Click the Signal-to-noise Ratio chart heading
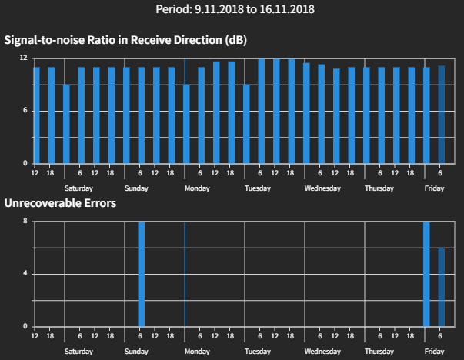coord(125,40)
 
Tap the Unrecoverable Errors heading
coord(61,204)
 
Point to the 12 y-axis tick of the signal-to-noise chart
coord(24,58)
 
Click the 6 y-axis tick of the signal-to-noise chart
coord(25,111)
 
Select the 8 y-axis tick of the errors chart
coord(25,222)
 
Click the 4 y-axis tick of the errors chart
coord(25,274)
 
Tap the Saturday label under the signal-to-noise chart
coord(78,188)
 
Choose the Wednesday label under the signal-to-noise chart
coord(322,188)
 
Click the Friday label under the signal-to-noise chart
coord(434,188)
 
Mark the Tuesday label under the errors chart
coord(257,351)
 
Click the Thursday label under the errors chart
coord(379,351)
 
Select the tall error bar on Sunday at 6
coord(141,274)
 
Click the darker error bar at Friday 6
coord(442,287)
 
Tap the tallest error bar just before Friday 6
coord(426,274)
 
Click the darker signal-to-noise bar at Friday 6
coord(442,115)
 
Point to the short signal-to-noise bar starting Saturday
coord(66,124)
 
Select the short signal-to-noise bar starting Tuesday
coord(246,124)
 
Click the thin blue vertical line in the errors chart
coord(185,274)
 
